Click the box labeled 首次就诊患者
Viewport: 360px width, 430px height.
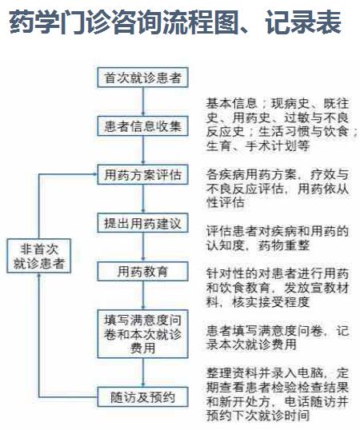[142, 78]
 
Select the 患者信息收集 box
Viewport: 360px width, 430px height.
[142, 126]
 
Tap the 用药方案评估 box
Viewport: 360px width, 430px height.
[142, 175]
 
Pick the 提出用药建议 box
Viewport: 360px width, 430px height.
[142, 223]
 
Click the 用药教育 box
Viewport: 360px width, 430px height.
[142, 272]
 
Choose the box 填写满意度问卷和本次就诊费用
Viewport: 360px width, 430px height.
[142, 334]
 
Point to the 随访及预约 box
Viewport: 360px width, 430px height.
[142, 396]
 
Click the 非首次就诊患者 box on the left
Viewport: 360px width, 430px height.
[38, 256]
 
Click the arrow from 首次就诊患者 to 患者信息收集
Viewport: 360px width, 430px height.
[142, 102]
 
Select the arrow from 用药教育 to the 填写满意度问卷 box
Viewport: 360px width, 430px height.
[142, 296]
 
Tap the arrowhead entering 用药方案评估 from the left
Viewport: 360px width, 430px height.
[94, 174]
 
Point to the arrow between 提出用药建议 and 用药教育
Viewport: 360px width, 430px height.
[142, 247]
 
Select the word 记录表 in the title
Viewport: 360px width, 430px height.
[303, 22]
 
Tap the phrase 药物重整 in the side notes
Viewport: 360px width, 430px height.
[284, 245]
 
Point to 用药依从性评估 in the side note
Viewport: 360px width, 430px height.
[278, 196]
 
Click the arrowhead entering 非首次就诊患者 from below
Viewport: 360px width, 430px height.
[39, 275]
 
